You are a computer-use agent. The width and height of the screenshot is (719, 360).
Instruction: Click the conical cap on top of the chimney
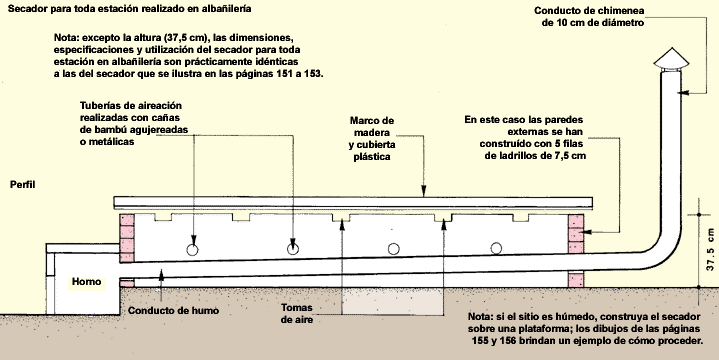pyautogui.click(x=671, y=59)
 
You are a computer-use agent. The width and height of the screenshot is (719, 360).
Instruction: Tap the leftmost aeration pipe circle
pyautogui.click(x=193, y=250)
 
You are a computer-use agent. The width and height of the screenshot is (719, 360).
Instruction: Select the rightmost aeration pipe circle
pyautogui.click(x=496, y=249)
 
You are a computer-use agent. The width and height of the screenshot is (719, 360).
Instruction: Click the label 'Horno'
pyautogui.click(x=86, y=282)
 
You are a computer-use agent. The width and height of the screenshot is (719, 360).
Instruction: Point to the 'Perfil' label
pyautogui.click(x=22, y=185)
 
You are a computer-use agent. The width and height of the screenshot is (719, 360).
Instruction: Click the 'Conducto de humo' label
pyautogui.click(x=173, y=310)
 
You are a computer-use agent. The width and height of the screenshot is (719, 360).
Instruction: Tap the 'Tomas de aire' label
pyautogui.click(x=297, y=313)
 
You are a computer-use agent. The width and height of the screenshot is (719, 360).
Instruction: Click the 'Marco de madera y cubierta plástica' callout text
pyautogui.click(x=371, y=138)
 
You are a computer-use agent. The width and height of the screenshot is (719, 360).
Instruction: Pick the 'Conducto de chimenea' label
pyautogui.click(x=589, y=10)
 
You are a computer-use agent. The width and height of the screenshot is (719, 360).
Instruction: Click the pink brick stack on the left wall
pyautogui.click(x=127, y=238)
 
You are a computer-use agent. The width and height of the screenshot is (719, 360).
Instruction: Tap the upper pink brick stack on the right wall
pyautogui.click(x=576, y=233)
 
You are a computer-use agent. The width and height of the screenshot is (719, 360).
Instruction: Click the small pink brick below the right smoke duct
pyautogui.click(x=576, y=280)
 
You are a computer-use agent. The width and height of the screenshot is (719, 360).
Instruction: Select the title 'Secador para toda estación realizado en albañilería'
pyautogui.click(x=129, y=9)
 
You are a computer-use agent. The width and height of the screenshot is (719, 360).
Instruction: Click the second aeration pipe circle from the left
pyautogui.click(x=293, y=249)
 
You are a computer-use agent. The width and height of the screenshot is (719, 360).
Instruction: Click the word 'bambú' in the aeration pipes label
pyautogui.click(x=113, y=130)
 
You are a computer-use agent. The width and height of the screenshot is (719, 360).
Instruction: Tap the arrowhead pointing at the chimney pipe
pyautogui.click(x=685, y=93)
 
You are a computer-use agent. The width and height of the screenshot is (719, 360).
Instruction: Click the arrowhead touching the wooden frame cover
pyautogui.click(x=424, y=192)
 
